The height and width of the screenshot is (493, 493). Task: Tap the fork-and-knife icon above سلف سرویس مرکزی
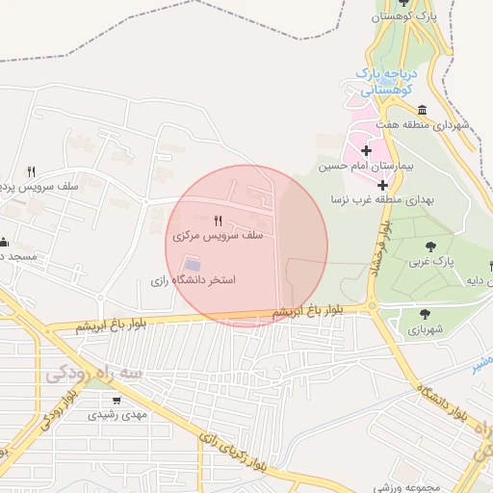click(x=218, y=221)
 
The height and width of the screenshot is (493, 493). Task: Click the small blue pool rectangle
click(x=193, y=264)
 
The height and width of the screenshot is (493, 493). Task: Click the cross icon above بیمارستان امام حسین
click(x=366, y=150)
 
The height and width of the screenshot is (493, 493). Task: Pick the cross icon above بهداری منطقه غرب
click(x=382, y=184)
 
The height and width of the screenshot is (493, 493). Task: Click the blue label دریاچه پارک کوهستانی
click(x=383, y=80)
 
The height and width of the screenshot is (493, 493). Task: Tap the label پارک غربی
click(x=429, y=261)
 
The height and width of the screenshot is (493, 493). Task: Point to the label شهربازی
click(x=425, y=328)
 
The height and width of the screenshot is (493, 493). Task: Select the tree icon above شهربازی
click(x=425, y=313)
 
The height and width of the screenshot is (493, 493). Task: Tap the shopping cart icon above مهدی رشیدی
click(x=117, y=401)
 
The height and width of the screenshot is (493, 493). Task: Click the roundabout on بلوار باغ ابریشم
click(x=373, y=307)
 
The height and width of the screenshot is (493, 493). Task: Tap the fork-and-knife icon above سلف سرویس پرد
click(x=31, y=171)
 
